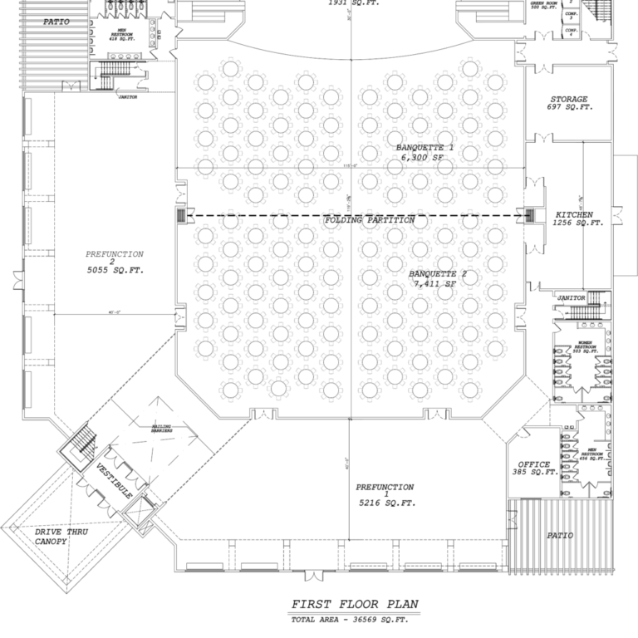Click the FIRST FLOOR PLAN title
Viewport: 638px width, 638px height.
(349, 604)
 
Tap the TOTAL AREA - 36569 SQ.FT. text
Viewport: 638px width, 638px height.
(349, 620)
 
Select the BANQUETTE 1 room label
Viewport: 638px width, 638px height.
(425, 152)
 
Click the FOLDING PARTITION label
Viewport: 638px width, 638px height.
(369, 220)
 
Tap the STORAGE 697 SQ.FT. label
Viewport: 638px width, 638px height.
(569, 104)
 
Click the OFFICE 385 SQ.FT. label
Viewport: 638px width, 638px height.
(533, 469)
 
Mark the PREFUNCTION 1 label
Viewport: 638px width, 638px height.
(385, 495)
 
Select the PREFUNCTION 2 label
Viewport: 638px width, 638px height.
(114, 263)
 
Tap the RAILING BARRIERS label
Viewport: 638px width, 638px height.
(161, 430)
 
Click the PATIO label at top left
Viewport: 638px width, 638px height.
(56, 22)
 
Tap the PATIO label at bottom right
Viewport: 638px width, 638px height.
(559, 536)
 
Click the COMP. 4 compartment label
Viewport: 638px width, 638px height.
(571, 32)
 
